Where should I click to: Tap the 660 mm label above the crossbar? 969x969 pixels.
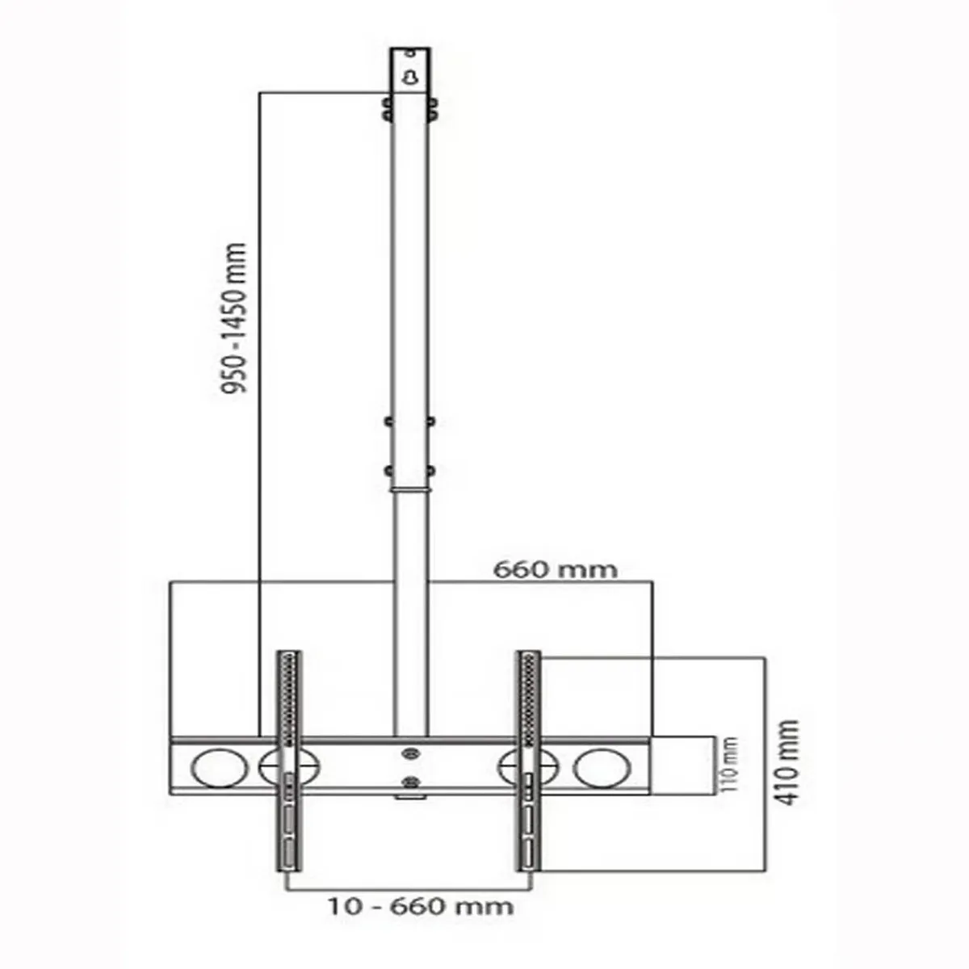(x=555, y=569)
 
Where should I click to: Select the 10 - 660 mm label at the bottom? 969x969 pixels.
(x=420, y=905)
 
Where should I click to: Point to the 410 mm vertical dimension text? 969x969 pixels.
(x=786, y=762)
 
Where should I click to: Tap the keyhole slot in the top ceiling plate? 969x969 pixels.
(x=410, y=78)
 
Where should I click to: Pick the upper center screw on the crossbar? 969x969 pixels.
(x=410, y=753)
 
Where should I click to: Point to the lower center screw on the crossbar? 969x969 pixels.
(x=410, y=781)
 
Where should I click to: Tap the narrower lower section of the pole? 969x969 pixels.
(x=410, y=614)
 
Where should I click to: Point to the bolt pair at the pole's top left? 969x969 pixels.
(x=387, y=109)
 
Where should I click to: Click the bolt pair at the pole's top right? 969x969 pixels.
(x=434, y=109)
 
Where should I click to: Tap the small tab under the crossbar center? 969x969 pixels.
(x=410, y=797)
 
